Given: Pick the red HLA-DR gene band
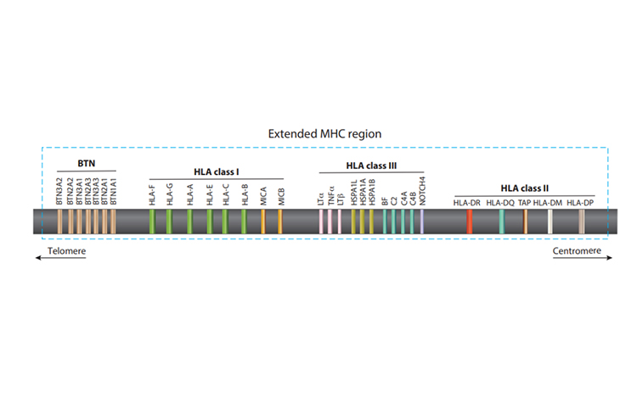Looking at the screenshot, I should (x=470, y=222).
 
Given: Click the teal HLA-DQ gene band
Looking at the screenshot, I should (x=501, y=222).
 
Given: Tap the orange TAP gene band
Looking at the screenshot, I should (x=526, y=222).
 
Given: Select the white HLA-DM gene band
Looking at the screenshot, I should (x=550, y=222).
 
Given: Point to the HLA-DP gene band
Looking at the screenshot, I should (x=581, y=222).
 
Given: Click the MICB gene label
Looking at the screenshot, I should (x=280, y=198).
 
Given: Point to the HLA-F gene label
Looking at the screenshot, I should (x=151, y=196).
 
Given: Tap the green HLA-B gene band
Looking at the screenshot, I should (x=244, y=222).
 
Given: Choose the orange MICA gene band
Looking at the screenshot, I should (x=263, y=222).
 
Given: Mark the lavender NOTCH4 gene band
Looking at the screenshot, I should (x=422, y=222).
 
